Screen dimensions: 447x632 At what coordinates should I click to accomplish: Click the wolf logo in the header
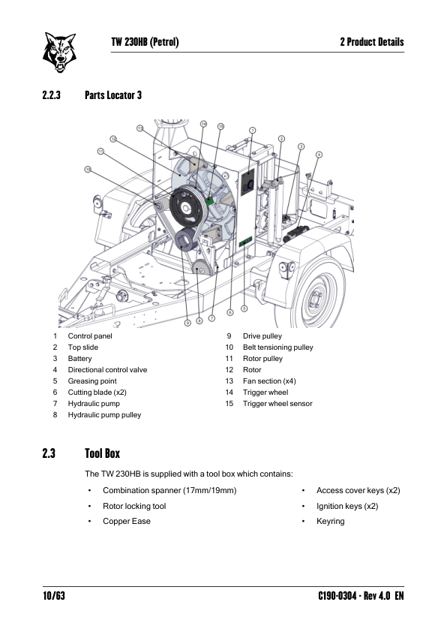59,53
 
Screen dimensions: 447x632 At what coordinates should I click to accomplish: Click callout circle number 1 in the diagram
253,130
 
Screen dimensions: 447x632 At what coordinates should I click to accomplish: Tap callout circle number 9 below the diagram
187,323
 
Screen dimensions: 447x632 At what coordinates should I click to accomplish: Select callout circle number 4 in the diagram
319,155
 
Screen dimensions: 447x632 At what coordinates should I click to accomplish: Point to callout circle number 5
244,308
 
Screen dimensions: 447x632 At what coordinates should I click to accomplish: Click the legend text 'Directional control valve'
107,369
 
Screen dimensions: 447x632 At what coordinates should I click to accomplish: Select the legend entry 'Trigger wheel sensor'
277,404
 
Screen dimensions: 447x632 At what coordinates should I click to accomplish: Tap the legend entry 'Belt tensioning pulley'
277,347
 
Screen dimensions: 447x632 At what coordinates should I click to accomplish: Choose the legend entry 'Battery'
79,358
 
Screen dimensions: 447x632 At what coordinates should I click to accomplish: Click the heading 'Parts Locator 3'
113,95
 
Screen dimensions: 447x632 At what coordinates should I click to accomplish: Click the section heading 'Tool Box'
102,453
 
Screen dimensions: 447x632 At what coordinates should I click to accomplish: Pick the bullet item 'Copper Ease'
127,521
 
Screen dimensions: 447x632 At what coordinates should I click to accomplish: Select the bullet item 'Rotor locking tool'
134,506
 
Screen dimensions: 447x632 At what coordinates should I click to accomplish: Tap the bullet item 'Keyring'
331,521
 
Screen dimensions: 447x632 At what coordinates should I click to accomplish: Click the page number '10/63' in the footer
54,596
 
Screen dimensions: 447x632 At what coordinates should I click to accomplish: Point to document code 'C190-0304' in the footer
337,596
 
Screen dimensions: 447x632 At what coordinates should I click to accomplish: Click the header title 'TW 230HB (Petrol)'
145,42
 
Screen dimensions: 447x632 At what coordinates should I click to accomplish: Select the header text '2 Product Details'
372,42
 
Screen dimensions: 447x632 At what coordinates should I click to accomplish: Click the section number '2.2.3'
52,95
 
